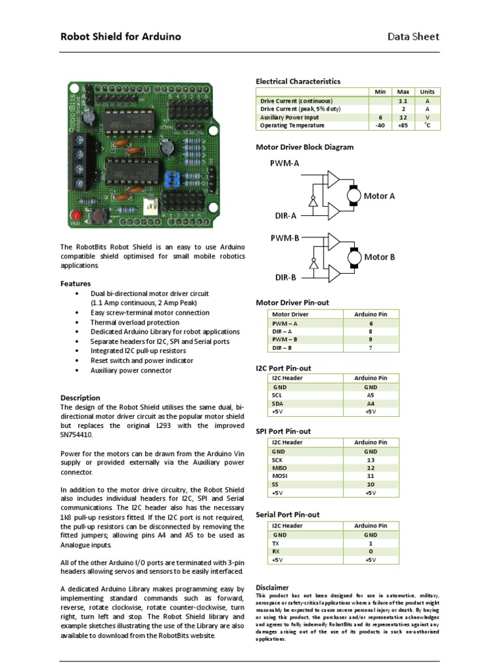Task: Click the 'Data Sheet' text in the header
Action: [413, 37]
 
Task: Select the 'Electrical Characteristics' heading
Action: [298, 81]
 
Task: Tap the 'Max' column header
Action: [403, 92]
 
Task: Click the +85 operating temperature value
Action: [403, 126]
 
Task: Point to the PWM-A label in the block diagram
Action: [285, 164]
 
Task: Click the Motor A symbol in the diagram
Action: [354, 194]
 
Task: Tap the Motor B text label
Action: [380, 257]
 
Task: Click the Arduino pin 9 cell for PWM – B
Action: [370, 340]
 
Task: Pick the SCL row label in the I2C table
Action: [277, 395]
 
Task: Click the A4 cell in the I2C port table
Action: [370, 403]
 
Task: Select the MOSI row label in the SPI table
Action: [279, 475]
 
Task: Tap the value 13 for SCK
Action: [370, 459]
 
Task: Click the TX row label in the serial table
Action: [276, 542]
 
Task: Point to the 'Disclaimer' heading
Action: [272, 587]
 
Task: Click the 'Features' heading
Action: [76, 284]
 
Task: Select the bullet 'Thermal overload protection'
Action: [135, 322]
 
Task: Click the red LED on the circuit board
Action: [76, 215]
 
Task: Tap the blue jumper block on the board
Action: [173, 180]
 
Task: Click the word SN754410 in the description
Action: [79, 434]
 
